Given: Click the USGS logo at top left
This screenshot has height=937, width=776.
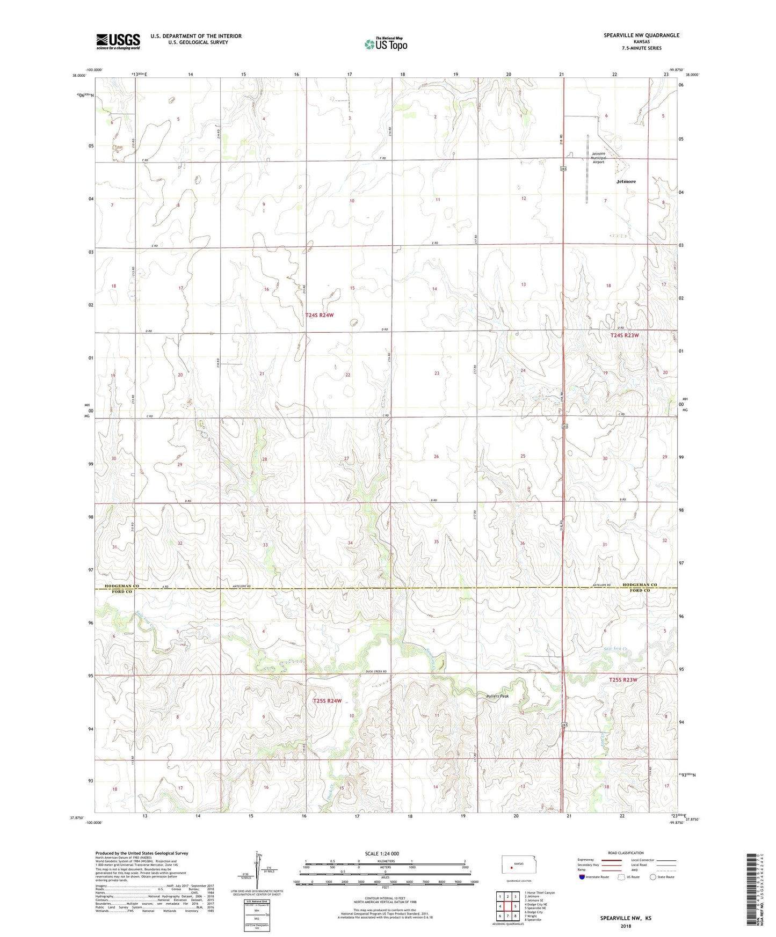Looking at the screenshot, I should [x=118, y=41].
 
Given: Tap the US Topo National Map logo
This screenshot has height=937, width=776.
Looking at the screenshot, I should [x=385, y=43].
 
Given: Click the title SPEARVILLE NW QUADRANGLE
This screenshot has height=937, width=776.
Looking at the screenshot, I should [x=641, y=35].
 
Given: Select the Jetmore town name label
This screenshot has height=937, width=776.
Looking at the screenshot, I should [x=626, y=181].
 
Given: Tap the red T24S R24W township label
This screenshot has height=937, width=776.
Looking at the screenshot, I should [x=319, y=316].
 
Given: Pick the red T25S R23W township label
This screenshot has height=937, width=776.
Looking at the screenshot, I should [x=623, y=680].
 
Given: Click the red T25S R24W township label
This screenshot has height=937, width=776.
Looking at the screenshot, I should [x=327, y=701].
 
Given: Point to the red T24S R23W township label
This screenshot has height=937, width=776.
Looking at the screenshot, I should [x=625, y=335].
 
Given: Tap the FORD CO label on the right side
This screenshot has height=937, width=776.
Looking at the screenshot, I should [x=640, y=591].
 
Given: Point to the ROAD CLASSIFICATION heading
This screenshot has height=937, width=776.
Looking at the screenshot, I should [x=626, y=853].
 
